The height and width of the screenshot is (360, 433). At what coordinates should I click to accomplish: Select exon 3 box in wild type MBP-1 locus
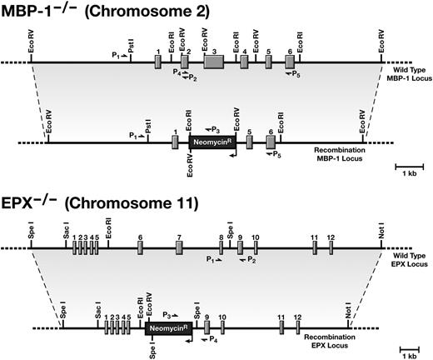(214, 62)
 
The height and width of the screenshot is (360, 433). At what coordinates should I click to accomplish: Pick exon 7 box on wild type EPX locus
(180, 248)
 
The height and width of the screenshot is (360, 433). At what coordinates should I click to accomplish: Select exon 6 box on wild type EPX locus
(140, 248)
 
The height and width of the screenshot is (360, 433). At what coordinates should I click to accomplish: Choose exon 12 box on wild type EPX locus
(331, 248)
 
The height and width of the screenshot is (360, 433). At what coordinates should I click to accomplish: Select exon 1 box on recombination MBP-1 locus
(175, 142)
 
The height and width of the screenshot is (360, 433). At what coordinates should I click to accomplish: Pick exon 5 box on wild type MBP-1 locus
(268, 62)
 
